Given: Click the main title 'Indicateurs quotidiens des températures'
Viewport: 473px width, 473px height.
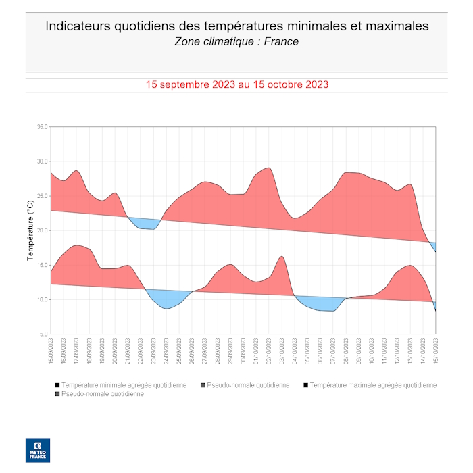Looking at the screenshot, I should tap(236, 26).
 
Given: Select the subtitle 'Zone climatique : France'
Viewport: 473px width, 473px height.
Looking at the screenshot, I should tap(236, 42).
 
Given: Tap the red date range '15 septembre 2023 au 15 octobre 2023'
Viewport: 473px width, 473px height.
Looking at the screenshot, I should tap(237, 84).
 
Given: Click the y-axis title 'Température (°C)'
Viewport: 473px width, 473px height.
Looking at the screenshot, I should tap(30, 230).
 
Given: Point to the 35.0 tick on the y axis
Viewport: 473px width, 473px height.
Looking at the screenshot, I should tap(42, 127).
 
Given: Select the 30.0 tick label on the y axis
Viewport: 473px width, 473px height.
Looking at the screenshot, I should tap(42, 161).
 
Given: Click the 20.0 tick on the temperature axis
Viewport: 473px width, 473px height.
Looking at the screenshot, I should tap(42, 230).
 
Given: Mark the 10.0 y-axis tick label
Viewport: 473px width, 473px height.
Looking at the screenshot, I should tap(42, 299).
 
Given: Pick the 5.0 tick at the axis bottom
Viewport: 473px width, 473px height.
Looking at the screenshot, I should tap(43, 334).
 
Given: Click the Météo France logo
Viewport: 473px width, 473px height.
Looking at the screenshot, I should tap(38, 450).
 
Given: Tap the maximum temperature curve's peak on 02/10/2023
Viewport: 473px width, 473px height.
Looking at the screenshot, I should tap(269, 168).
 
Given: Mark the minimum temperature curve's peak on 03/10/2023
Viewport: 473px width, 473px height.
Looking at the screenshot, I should tap(282, 256).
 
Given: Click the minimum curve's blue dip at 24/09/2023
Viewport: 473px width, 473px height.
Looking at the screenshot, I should tap(166, 308).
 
